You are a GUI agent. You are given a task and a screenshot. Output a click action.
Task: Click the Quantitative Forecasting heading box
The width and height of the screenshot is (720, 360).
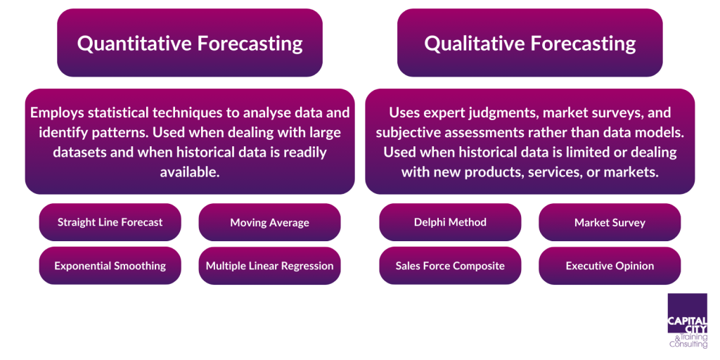tap(190, 43)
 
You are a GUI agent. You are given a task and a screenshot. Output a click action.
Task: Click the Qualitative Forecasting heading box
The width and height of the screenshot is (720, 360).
tap(529, 43)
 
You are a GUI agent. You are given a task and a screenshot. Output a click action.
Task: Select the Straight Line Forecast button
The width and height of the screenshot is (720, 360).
tap(110, 222)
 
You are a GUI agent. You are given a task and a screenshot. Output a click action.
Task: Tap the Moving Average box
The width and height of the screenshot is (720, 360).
tap(269, 222)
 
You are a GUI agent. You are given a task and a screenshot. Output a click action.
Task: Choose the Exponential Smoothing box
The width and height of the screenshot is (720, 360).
tap(110, 266)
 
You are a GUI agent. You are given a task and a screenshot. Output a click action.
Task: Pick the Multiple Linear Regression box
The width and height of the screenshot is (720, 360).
tap(269, 266)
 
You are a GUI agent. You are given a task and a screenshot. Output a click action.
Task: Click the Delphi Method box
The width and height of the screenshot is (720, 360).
tap(450, 222)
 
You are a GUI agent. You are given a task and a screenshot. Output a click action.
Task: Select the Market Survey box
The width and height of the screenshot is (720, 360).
tap(610, 222)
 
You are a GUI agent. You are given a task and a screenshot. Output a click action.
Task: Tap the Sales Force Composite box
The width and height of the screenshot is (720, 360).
tap(450, 266)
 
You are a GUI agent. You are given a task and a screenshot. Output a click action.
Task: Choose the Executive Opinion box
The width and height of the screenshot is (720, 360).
tap(610, 266)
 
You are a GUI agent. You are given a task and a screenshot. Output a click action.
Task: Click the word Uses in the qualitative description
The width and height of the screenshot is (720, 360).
tap(404, 112)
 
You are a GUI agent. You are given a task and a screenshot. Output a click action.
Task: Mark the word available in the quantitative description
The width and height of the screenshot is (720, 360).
tap(190, 172)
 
